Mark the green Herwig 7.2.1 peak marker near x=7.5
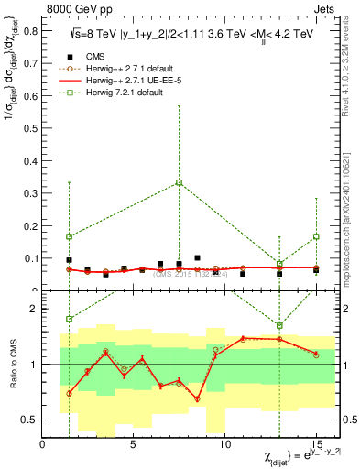(179, 182)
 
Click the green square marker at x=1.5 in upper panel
(69, 236)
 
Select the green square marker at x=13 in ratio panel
(279, 325)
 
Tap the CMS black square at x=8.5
(197, 258)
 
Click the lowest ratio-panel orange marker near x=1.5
(69, 393)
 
